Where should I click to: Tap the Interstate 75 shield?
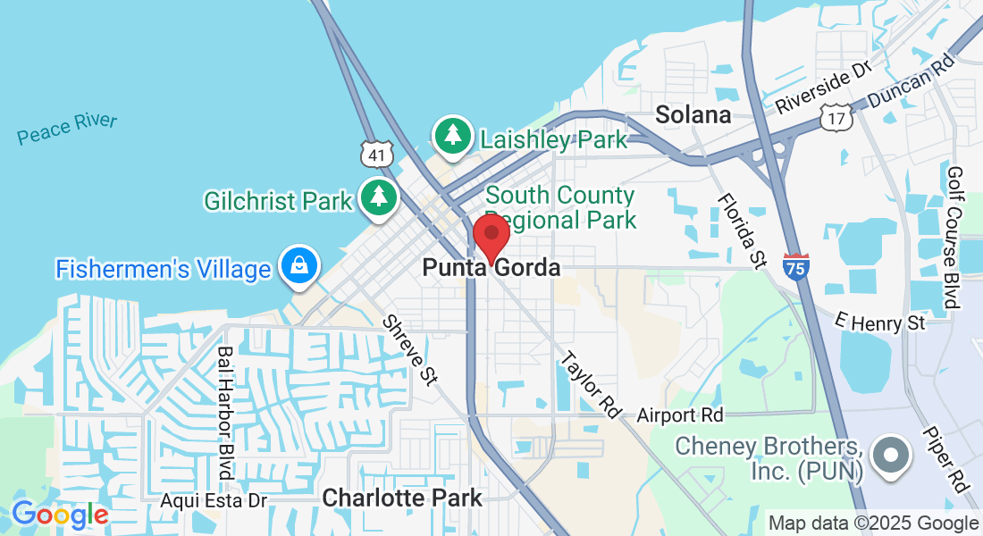click(795, 267)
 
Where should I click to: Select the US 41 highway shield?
click(377, 155)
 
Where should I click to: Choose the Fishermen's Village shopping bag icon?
click(298, 266)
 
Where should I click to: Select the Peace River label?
click(67, 129)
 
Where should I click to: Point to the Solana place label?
click(693, 114)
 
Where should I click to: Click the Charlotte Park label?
click(402, 498)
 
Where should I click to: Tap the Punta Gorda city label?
click(491, 267)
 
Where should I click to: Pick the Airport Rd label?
click(679, 415)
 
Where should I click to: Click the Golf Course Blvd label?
click(954, 237)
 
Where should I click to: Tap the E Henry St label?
click(880, 322)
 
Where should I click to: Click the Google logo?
click(60, 515)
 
